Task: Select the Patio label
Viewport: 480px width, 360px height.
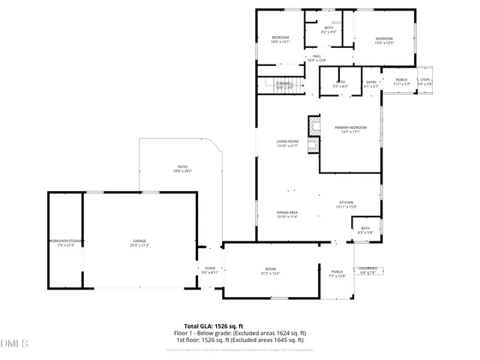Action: tap(182, 169)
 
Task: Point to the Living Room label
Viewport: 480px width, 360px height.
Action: tap(288, 143)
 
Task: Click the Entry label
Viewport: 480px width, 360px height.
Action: tap(370, 82)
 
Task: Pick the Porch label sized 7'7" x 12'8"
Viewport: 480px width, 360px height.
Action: tap(337, 274)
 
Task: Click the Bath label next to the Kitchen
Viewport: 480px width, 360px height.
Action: tap(365, 230)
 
